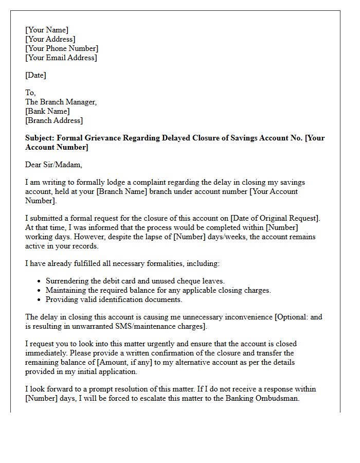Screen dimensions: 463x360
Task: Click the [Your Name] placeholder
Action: click(x=47, y=30)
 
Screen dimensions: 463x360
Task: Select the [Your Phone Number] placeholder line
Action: click(x=62, y=48)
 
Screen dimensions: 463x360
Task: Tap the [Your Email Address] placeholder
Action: click(x=61, y=58)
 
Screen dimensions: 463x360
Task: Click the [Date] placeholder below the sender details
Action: click(x=35, y=75)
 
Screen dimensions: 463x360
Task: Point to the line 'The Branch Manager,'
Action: click(x=61, y=102)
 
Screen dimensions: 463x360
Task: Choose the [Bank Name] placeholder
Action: click(x=47, y=111)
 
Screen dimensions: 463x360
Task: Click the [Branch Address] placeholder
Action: click(x=54, y=120)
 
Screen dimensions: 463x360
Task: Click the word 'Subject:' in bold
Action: click(x=40, y=138)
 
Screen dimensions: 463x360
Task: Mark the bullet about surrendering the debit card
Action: click(x=135, y=281)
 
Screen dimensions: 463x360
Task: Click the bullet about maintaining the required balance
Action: click(x=158, y=290)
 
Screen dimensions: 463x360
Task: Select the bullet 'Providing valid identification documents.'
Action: click(x=114, y=299)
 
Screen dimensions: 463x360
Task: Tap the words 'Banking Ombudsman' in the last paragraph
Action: click(x=265, y=398)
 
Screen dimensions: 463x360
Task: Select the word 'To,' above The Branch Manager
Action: click(x=30, y=93)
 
